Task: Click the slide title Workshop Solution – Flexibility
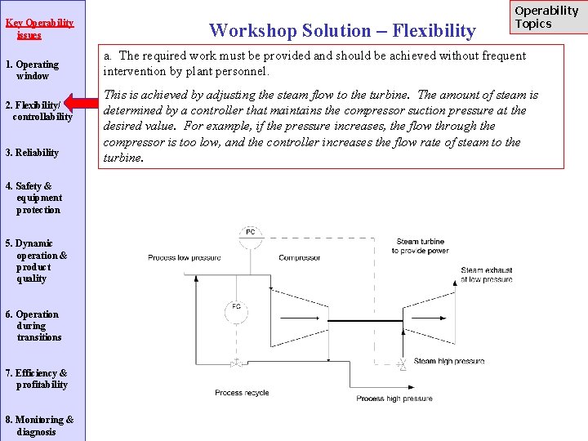(x=342, y=31)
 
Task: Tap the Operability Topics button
(x=546, y=17)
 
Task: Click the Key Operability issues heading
(x=39, y=29)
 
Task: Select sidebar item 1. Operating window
(x=33, y=70)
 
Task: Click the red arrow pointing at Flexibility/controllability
(x=81, y=103)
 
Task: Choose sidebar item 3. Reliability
(x=33, y=153)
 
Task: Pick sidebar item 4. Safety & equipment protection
(x=34, y=198)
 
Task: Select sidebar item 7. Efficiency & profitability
(x=37, y=379)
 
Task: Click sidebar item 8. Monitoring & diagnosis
(x=39, y=425)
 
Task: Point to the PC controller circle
(x=250, y=232)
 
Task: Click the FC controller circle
(x=235, y=308)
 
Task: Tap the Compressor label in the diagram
(x=299, y=258)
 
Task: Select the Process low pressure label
(x=184, y=258)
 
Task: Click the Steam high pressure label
(x=448, y=361)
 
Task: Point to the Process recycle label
(x=242, y=393)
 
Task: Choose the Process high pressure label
(x=394, y=399)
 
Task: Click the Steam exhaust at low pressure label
(x=487, y=274)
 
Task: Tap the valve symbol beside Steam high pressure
(x=401, y=362)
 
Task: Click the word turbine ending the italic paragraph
(x=123, y=158)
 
